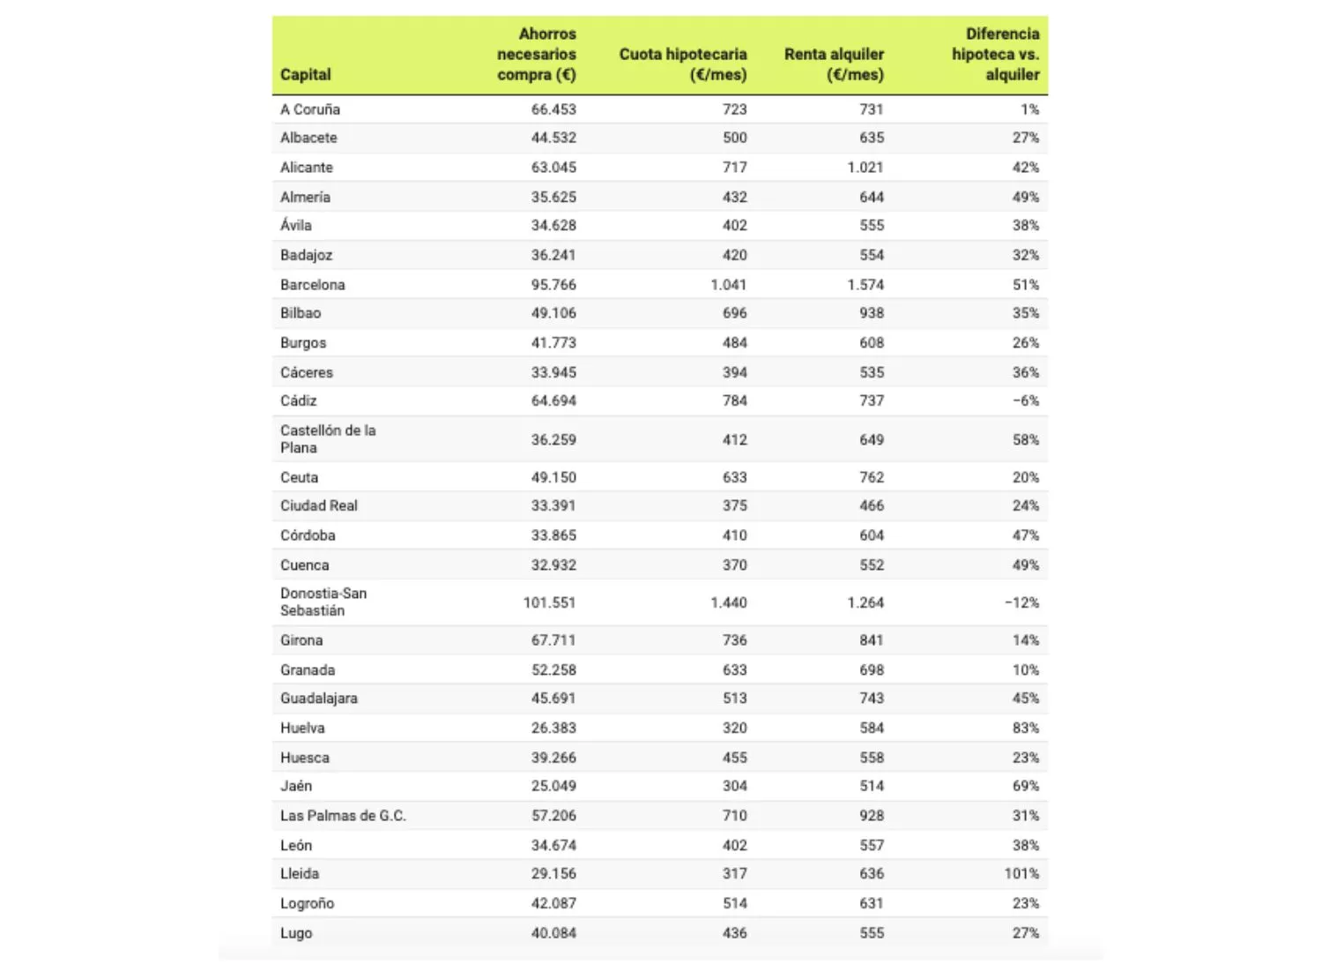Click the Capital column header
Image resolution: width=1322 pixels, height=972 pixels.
[x=306, y=75]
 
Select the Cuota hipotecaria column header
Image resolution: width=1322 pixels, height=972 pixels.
[x=683, y=64]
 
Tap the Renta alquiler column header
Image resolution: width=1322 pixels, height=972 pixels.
[x=834, y=64]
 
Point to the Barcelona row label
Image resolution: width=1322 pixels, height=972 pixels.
[x=313, y=285]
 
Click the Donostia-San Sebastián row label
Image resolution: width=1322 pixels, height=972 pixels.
[x=323, y=602]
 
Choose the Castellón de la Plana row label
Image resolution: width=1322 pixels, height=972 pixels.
[x=328, y=439]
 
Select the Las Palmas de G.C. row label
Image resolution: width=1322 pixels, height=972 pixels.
[x=343, y=816]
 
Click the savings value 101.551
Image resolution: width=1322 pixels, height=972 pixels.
[x=549, y=603]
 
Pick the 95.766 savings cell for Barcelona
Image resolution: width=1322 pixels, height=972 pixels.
[x=553, y=285]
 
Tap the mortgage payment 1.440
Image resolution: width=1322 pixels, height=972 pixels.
[x=729, y=603]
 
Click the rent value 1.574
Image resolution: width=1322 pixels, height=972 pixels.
[x=865, y=285]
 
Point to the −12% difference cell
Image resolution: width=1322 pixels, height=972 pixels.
[x=1021, y=603]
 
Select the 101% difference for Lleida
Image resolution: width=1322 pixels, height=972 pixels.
[x=1021, y=874]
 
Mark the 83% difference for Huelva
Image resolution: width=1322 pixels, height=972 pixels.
[x=1026, y=729]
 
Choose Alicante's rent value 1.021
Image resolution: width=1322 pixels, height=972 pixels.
[x=865, y=168]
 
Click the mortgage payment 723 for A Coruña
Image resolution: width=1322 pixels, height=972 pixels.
[x=735, y=109]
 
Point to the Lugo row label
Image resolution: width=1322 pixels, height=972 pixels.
[x=296, y=933]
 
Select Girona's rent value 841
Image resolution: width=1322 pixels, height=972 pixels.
[x=872, y=640]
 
